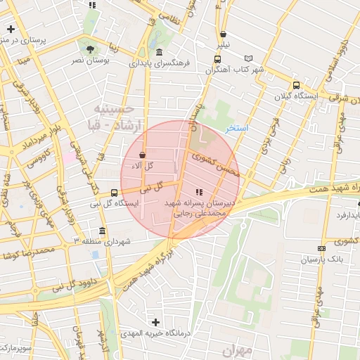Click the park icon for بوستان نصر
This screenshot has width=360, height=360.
tap(89, 49)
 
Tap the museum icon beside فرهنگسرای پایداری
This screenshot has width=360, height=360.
tap(160, 52)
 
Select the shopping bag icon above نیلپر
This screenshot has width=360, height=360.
tap(223, 33)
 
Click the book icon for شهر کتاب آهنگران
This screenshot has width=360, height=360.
tap(247, 58)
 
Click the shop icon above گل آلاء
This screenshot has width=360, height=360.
tap(143, 155)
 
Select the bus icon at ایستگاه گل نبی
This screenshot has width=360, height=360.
tap(115, 193)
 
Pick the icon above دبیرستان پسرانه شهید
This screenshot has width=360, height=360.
tap(200, 191)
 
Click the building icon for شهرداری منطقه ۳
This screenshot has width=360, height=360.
tap(103, 231)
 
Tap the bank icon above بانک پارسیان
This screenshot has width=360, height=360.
tap(322, 248)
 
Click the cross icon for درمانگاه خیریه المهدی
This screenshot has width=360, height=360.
tap(155, 322)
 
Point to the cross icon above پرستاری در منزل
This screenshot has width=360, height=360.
tap(11, 29)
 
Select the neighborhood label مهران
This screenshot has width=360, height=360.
tap(237, 349)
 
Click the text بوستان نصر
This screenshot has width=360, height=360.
tap(89, 60)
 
